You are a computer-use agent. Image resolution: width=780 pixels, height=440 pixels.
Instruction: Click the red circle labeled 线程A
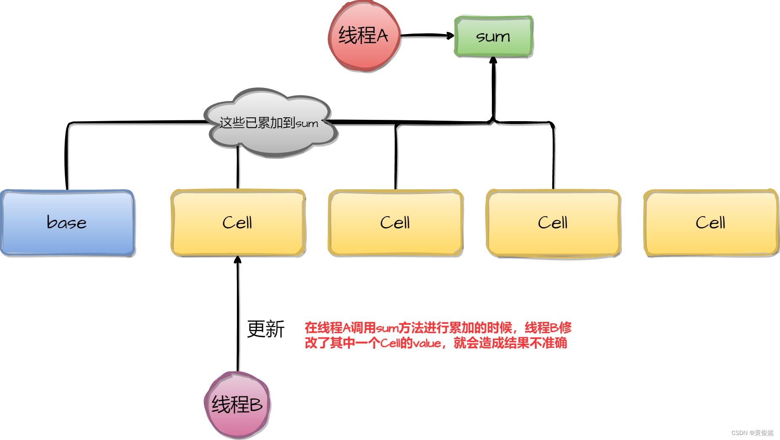coord(364,36)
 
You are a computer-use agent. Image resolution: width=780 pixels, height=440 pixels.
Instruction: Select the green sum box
coord(493,37)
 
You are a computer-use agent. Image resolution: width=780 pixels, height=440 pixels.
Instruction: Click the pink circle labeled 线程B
coord(237,405)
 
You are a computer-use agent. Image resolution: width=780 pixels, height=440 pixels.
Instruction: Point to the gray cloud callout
coord(269,122)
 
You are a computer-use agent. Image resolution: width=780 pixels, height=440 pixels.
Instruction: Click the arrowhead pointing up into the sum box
coord(493,61)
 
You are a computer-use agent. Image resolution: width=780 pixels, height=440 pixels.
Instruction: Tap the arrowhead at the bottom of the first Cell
coord(238,260)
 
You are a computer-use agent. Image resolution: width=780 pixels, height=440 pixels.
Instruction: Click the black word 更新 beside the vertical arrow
coord(265,329)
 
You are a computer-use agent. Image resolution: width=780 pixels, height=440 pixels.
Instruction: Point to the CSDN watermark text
coord(752,433)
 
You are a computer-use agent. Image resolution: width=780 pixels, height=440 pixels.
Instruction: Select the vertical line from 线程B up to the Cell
coord(238,315)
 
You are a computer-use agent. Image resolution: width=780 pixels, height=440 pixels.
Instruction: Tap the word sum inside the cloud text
coord(307,124)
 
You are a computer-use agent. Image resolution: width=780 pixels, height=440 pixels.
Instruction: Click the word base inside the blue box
coord(66,223)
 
